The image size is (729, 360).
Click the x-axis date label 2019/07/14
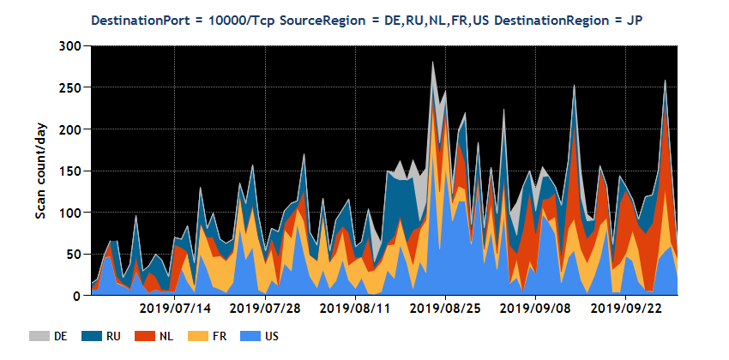(x=175, y=307)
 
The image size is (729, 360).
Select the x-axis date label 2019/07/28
(x=266, y=307)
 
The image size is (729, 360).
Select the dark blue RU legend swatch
(x=93, y=336)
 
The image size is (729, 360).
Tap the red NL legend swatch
(x=143, y=336)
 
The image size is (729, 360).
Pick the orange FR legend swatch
(x=195, y=336)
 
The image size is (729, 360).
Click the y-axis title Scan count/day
(x=40, y=171)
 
